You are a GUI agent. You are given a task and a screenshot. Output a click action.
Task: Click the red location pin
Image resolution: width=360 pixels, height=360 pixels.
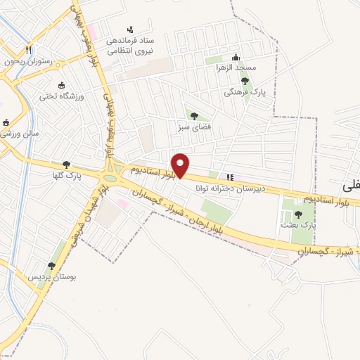point(180,165)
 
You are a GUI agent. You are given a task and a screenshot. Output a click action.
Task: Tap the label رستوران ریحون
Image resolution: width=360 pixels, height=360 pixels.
point(28,62)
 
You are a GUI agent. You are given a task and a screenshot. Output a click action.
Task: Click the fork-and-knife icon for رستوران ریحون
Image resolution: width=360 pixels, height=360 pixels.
point(28,50)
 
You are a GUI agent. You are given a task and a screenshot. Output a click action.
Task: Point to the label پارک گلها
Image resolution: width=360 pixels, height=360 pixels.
point(67,176)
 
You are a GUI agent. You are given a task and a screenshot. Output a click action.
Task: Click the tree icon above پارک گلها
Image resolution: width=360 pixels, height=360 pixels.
point(67,165)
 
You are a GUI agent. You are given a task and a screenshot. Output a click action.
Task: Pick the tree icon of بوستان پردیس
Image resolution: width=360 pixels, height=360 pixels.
point(51,265)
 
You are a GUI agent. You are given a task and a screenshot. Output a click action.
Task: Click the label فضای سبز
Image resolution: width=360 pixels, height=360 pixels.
point(193,128)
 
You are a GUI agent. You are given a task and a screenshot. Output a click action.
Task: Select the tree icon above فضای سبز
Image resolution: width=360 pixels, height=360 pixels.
point(193,116)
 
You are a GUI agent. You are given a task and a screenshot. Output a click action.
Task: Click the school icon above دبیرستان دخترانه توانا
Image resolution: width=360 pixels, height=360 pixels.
point(229,176)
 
